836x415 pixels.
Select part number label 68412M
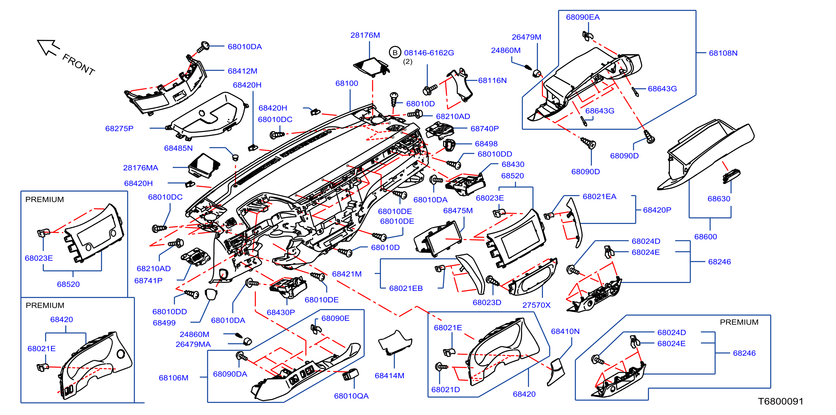tap(242, 71)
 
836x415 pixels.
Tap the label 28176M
tap(365, 35)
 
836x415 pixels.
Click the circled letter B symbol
tap(395, 53)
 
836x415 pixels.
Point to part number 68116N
tap(492, 81)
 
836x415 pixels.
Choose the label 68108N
tap(723, 53)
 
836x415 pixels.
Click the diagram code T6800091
tap(781, 401)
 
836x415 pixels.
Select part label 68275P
tap(120, 129)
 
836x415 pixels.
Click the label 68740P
tap(484, 129)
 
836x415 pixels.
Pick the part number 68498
tap(486, 144)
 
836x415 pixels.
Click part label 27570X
tap(537, 305)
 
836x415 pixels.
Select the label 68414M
tap(389, 376)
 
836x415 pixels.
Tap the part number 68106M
tap(174, 378)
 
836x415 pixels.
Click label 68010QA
tap(352, 396)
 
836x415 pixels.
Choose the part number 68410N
tap(565, 331)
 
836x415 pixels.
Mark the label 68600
tap(706, 237)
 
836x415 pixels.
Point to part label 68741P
tap(149, 281)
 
